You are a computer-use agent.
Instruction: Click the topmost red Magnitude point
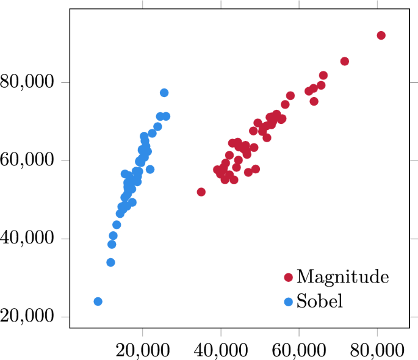pos(381,35)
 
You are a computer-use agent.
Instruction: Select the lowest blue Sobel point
pos(98,301)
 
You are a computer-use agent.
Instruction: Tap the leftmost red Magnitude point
pos(201,192)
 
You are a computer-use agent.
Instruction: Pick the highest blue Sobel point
pos(164,93)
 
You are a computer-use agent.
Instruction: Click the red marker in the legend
pos(288,278)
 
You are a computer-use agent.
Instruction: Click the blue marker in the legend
pos(288,301)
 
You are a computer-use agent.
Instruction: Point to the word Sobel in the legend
pos(320,301)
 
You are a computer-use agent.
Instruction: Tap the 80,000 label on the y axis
pos(28,82)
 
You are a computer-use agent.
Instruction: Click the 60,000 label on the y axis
pos(28,160)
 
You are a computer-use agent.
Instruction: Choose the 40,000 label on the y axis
pos(28,239)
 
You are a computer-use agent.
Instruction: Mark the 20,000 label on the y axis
pos(28,317)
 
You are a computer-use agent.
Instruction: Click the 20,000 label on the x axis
pos(143,350)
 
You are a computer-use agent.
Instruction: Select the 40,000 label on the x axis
pos(221,350)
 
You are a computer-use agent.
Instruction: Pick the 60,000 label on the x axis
pos(299,350)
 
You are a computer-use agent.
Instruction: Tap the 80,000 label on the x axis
pos(377,350)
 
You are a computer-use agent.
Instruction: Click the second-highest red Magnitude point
pos(345,61)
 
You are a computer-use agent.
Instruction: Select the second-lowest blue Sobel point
pos(110,262)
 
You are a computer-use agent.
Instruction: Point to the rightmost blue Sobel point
pos(166,116)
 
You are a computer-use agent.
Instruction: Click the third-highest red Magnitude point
pos(323,76)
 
